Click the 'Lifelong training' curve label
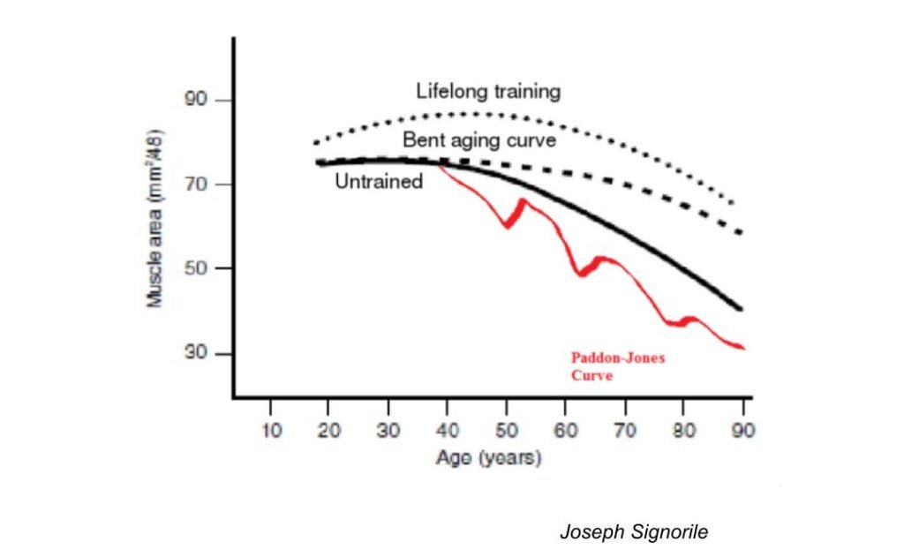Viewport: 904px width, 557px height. (x=488, y=91)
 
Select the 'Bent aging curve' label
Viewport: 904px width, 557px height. (x=479, y=139)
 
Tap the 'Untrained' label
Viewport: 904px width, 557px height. (x=379, y=182)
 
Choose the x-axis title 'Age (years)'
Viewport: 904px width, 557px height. (x=488, y=459)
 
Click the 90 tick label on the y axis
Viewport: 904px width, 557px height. (x=195, y=100)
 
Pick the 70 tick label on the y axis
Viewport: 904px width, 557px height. (x=195, y=184)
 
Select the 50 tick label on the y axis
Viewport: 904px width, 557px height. (x=195, y=268)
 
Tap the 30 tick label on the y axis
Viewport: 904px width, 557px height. (x=195, y=354)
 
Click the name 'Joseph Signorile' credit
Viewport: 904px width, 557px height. (x=634, y=532)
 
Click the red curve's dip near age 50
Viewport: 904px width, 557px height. (x=507, y=226)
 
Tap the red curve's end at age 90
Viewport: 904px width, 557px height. (x=743, y=348)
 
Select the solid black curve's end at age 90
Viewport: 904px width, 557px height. (x=741, y=309)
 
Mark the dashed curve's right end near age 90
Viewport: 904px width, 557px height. (x=740, y=233)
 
